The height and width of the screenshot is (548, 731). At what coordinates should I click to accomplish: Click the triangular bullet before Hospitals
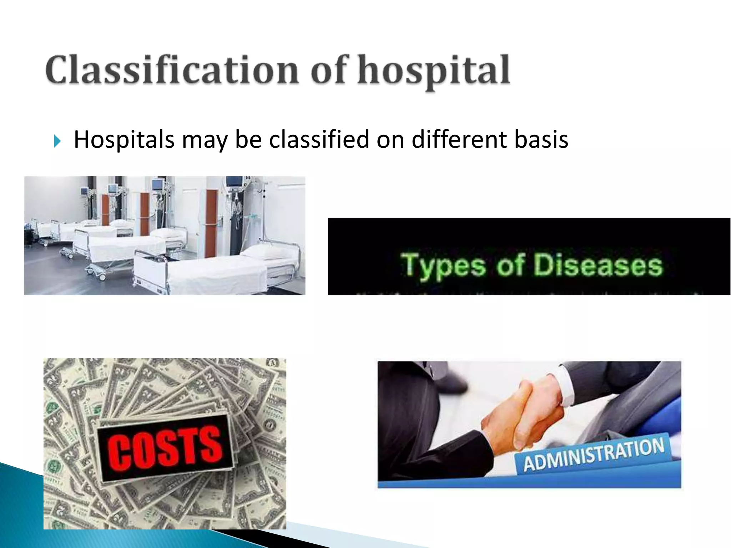(x=57, y=141)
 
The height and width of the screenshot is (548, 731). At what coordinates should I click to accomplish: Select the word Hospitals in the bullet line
(x=124, y=139)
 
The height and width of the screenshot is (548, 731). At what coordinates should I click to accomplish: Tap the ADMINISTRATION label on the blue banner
(x=593, y=455)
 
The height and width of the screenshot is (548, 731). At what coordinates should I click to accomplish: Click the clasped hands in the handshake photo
(x=523, y=414)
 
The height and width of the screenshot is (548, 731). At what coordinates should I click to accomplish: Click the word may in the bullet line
(x=204, y=140)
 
